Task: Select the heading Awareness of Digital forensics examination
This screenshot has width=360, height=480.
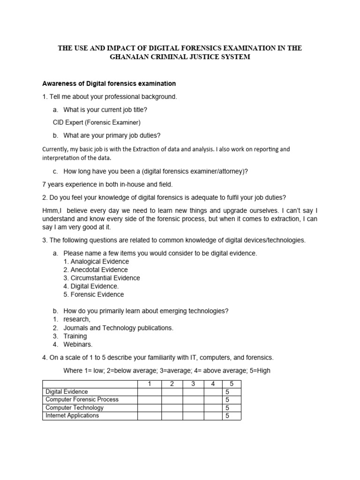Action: click(109, 84)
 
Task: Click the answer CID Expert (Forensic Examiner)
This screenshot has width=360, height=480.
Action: click(97, 123)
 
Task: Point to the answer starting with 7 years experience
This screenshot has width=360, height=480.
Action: click(111, 184)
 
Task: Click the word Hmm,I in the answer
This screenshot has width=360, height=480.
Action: click(52, 211)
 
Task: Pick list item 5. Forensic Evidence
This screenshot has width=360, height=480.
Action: click(94, 294)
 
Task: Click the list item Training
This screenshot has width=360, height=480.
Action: click(75, 336)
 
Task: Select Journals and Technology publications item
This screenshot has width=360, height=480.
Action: click(118, 328)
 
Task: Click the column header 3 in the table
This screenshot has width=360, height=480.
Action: click(193, 384)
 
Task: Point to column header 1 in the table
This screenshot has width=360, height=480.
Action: click(149, 384)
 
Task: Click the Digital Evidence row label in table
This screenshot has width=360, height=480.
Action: click(67, 392)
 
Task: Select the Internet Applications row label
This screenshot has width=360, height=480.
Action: click(72, 415)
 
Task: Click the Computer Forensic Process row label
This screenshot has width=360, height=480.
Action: click(82, 400)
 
